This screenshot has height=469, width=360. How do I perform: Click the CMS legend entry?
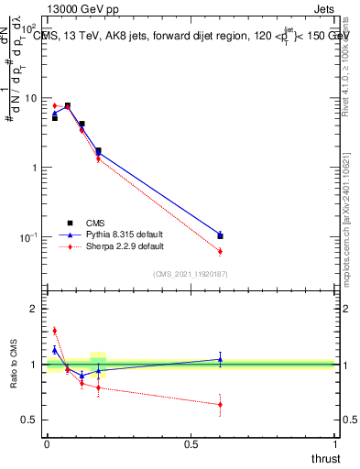point(96,223)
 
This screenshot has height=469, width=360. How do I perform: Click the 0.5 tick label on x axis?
point(191,444)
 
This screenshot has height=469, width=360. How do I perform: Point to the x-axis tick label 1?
point(336,444)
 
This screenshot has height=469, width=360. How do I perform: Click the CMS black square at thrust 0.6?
point(220,236)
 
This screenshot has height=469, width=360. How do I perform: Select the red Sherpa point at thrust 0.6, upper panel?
point(220,251)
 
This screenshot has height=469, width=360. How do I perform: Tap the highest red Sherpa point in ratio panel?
point(54,331)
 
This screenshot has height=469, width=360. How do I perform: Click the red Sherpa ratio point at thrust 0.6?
point(220,404)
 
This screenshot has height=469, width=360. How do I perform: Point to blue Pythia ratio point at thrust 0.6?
point(220,360)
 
